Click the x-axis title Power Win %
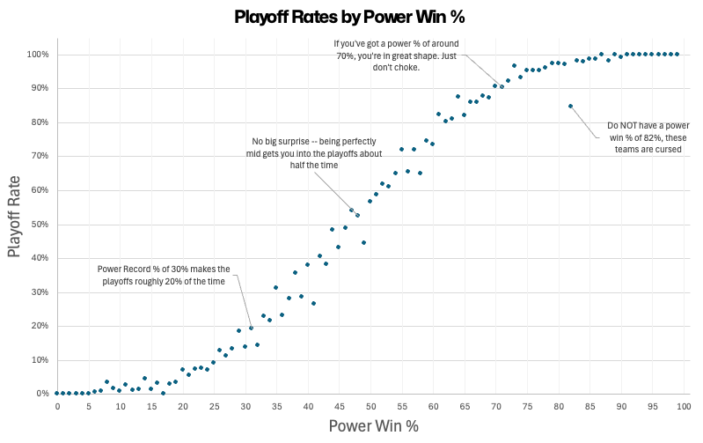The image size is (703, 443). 373,426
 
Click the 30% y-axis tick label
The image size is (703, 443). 41,292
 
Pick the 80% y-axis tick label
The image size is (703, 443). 41,122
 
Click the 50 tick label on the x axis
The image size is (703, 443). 370,406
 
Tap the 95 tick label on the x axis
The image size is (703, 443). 652,406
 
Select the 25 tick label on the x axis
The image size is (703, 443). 214,406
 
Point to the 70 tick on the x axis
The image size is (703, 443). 495,406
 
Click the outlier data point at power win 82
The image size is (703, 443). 570,106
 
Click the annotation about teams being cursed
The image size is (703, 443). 648,137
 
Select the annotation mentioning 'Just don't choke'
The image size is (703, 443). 394,55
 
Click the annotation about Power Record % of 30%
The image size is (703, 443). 163,275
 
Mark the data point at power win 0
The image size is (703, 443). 57,393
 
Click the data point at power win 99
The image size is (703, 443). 677,54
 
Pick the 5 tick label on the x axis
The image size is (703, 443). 89,406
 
